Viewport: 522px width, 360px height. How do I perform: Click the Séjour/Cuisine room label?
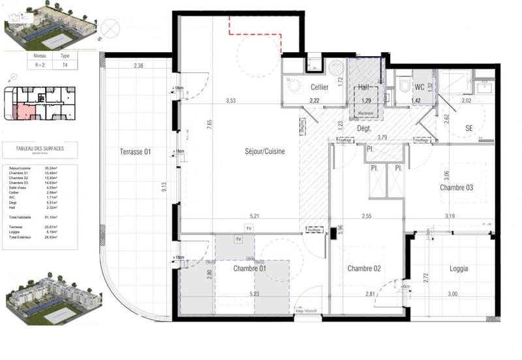click(x=258, y=151)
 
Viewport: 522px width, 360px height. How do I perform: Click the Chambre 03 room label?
click(x=456, y=188)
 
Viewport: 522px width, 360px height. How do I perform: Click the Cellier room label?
click(x=319, y=87)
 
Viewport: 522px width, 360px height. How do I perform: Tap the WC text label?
click(x=421, y=86)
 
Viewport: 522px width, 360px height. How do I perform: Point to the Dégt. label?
click(x=365, y=129)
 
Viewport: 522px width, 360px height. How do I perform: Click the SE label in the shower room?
click(x=469, y=128)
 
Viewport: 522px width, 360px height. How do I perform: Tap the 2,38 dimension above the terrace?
click(x=138, y=66)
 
